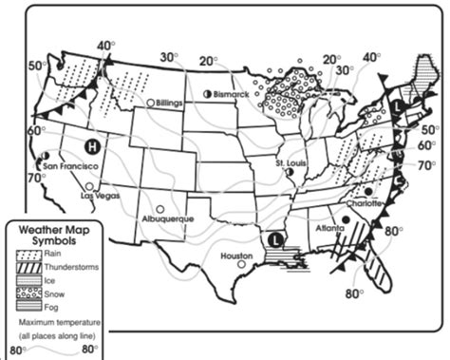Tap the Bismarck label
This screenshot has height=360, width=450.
tap(232, 96)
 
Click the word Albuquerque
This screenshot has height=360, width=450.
tap(167, 219)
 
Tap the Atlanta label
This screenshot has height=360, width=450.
tap(328, 228)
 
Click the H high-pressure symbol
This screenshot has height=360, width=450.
tap(92, 146)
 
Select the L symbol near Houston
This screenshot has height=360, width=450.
tap(275, 239)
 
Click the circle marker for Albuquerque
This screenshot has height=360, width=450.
tap(160, 208)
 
